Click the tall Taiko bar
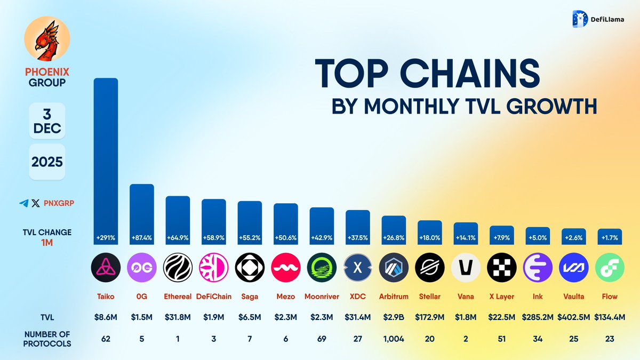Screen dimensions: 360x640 coord(106,160)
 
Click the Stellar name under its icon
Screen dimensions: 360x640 coord(430,297)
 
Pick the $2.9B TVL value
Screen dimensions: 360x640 coord(394,317)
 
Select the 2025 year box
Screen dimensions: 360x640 coord(47,162)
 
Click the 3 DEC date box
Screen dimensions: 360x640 coord(47,121)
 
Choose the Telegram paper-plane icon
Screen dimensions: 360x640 coord(23,203)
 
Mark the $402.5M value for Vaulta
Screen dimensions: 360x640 coord(573,317)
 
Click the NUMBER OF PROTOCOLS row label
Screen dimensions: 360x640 coord(47,339)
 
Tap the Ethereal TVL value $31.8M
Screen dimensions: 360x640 coord(178,317)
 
